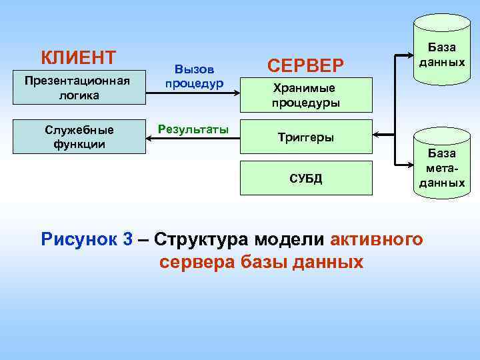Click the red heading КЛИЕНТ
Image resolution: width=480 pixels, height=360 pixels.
click(x=78, y=57)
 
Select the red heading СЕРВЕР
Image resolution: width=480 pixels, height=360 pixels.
click(x=305, y=65)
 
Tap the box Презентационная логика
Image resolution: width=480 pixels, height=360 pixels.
click(x=79, y=87)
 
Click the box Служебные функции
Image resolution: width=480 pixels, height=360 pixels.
click(x=79, y=137)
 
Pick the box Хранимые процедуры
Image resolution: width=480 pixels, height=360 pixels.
click(x=305, y=95)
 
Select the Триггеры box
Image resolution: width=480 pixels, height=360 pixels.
click(x=305, y=137)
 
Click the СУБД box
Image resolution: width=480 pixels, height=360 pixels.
click(x=305, y=178)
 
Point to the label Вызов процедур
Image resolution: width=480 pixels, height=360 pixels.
click(x=194, y=77)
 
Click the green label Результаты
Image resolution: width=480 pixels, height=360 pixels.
click(x=193, y=127)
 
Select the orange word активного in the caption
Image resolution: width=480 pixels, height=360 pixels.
click(x=377, y=239)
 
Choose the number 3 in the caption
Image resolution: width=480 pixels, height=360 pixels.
click(x=128, y=239)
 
